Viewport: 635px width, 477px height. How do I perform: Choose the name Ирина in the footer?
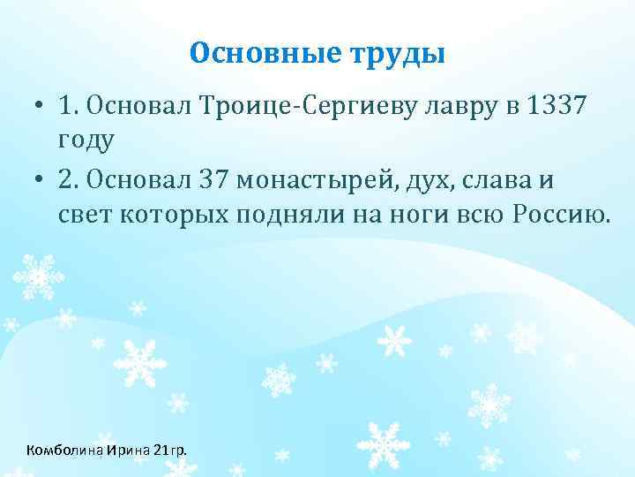click(x=129, y=450)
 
